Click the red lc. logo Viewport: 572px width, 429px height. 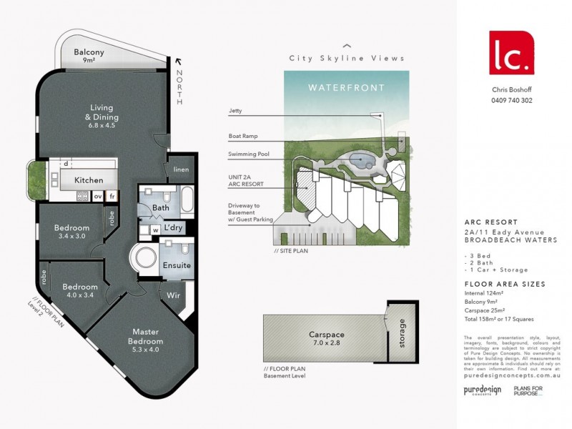(511, 52)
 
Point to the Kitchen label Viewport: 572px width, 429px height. (89, 180)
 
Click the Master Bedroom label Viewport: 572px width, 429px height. (146, 336)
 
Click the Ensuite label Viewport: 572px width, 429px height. (177, 265)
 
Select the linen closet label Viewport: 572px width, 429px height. (182, 169)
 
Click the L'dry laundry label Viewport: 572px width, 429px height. (174, 227)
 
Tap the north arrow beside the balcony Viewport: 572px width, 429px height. (179, 64)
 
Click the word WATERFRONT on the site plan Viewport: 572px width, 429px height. (346, 88)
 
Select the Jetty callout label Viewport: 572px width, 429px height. (235, 111)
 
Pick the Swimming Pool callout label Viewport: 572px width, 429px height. (247, 154)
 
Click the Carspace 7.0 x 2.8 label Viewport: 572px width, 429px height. (327, 338)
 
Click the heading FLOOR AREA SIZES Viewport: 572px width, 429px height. (504, 284)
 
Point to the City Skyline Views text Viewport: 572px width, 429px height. (346, 59)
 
